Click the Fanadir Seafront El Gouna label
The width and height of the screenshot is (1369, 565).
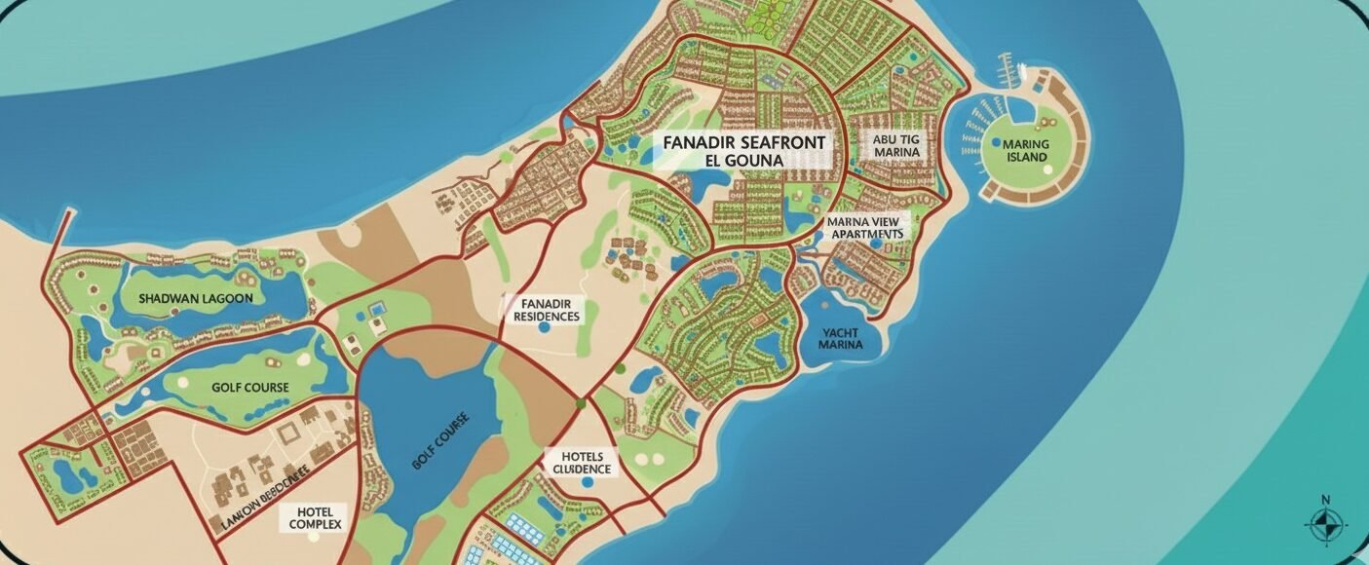(743, 151)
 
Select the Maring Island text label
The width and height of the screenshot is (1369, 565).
(1025, 151)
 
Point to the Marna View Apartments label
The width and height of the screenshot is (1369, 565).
(864, 227)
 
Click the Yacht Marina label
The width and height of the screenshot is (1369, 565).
(840, 338)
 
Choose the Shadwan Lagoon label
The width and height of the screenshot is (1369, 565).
(195, 298)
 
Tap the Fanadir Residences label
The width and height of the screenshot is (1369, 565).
(544, 310)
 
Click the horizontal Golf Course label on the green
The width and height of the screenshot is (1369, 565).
(249, 387)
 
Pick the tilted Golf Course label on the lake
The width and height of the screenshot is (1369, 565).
(440, 441)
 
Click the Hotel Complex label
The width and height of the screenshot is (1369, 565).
(315, 518)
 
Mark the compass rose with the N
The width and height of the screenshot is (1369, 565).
(1325, 523)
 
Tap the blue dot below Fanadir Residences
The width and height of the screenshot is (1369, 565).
(544, 329)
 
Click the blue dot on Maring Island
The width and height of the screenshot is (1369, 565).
(995, 142)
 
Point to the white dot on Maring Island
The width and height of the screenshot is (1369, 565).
(1047, 169)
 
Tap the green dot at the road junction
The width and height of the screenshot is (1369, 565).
(580, 401)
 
